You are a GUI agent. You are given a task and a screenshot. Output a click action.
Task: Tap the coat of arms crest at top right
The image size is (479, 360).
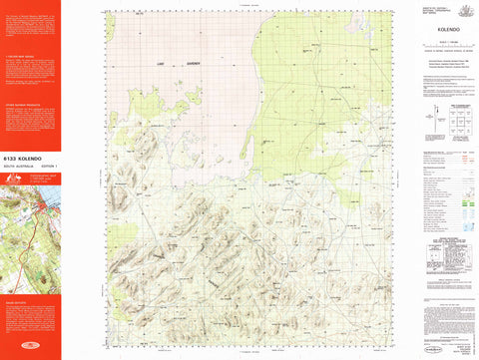pyautogui.click(x=462, y=9)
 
